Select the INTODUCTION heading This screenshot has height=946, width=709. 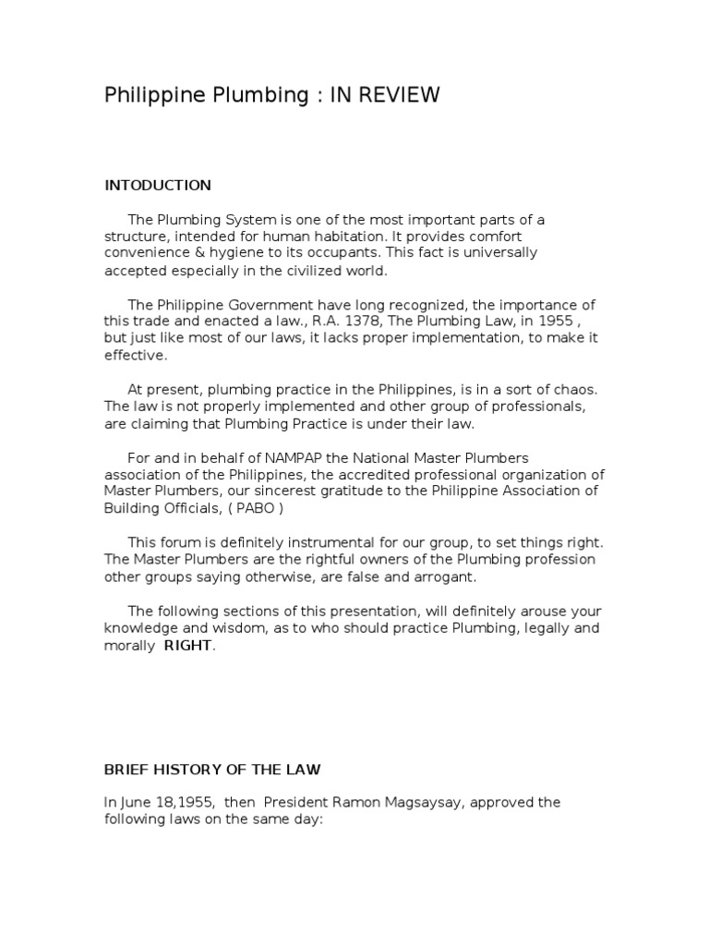coord(158,185)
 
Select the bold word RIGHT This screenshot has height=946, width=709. coord(188,646)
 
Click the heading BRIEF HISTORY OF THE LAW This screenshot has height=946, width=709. coord(212,770)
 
